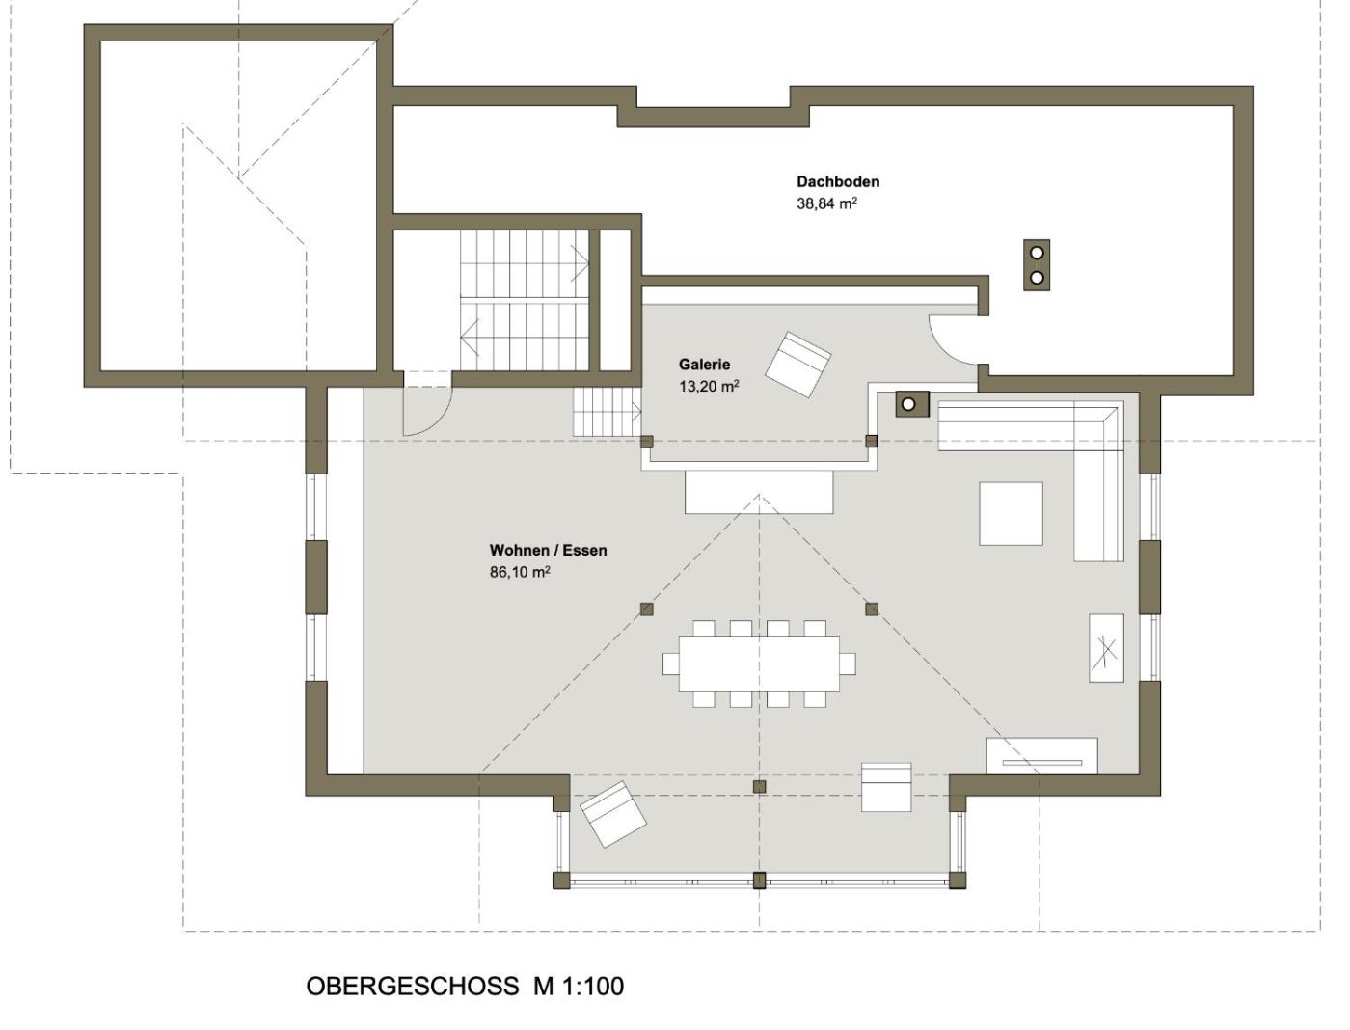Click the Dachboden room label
click(x=838, y=182)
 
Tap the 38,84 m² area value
click(x=826, y=203)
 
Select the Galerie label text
click(x=704, y=365)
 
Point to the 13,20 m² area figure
click(x=709, y=386)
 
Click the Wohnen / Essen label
click(x=548, y=551)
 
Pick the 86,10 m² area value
click(x=520, y=572)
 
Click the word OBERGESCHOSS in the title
click(x=412, y=987)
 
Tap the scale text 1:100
click(x=591, y=987)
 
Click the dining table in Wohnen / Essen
click(x=759, y=664)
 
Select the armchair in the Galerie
click(x=797, y=365)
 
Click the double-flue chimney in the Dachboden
click(x=1037, y=265)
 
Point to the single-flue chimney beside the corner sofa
click(x=912, y=404)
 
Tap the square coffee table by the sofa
click(x=1011, y=513)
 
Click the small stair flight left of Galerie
click(x=607, y=412)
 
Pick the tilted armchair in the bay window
click(x=612, y=814)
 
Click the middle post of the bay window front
click(x=759, y=880)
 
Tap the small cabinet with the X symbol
click(x=1106, y=647)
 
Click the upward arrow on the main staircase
click(x=580, y=264)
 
